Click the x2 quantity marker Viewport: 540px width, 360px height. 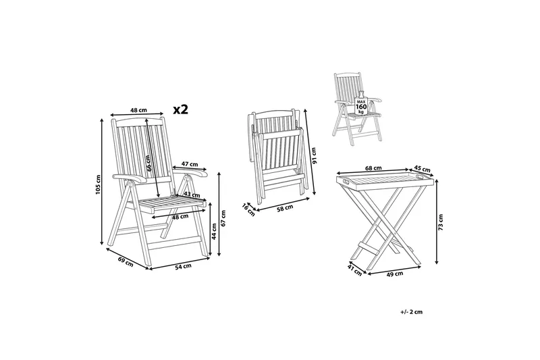(x=180, y=109)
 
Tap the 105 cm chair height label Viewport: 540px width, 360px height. (x=98, y=184)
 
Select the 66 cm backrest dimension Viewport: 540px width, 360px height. (x=148, y=163)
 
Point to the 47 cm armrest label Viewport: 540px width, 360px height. (x=190, y=164)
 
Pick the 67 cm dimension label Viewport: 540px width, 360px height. (x=223, y=218)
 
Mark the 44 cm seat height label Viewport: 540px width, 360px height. (x=214, y=231)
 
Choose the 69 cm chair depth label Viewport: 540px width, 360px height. (x=126, y=262)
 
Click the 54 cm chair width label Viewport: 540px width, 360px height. (x=183, y=265)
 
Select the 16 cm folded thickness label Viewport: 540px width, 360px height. (x=248, y=210)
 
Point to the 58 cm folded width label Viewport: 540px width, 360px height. (x=285, y=208)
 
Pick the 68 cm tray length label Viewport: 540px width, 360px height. (x=373, y=168)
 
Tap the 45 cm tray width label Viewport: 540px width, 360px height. (x=423, y=169)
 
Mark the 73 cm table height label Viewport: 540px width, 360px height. (x=441, y=222)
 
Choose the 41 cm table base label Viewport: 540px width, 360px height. (x=355, y=270)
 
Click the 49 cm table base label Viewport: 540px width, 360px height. (x=395, y=274)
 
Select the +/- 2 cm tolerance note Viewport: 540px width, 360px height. (x=412, y=312)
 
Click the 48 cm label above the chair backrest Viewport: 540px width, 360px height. (x=139, y=110)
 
